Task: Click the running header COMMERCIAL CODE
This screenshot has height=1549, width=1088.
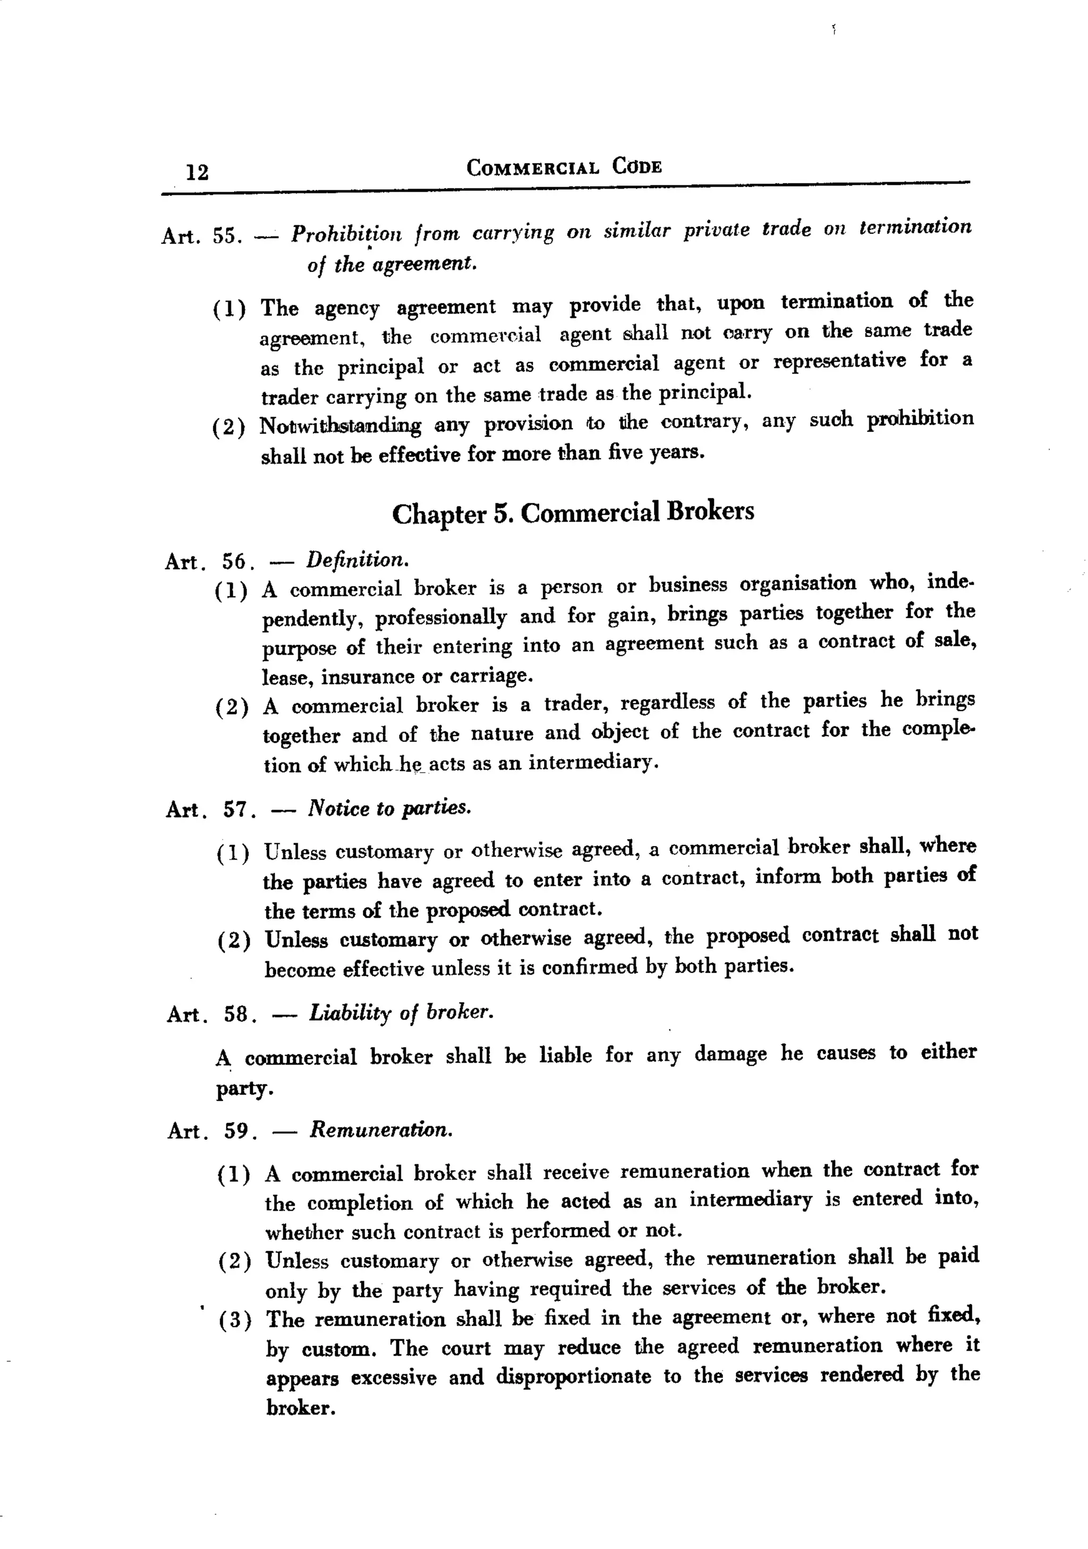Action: point(564,167)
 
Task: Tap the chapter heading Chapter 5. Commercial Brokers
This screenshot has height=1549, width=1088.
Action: point(573,513)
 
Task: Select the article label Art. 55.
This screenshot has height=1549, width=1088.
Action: point(201,236)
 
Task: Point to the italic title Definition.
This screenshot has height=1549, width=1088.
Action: point(358,559)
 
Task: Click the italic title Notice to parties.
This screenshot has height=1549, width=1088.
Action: point(389,808)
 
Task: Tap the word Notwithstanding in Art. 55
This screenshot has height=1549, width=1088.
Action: point(341,426)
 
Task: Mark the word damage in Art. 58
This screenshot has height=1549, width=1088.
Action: point(730,1054)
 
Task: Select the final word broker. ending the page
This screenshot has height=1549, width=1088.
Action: point(301,1407)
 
